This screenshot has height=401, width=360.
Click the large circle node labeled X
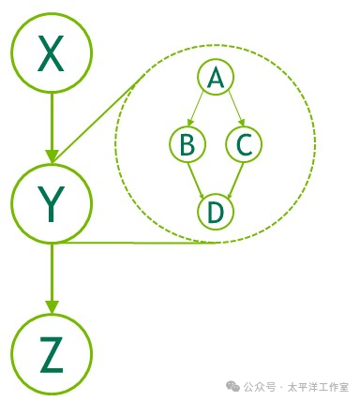pyautogui.click(x=52, y=53)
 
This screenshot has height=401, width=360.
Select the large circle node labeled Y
pyautogui.click(x=52, y=200)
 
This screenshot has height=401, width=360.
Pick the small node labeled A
pyautogui.click(x=216, y=78)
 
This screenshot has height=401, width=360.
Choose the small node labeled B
pyautogui.click(x=187, y=144)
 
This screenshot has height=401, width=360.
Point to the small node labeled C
pyautogui.click(x=244, y=144)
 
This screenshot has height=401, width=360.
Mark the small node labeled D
pyautogui.click(x=216, y=212)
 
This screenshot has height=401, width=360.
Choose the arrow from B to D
pyautogui.click(x=200, y=177)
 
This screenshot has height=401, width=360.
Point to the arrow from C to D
pyautogui.click(x=232, y=177)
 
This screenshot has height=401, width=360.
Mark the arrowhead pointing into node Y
pyautogui.click(x=52, y=153)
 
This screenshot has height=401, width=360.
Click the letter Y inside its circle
pyautogui.click(x=52, y=201)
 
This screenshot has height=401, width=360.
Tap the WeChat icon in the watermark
pyautogui.click(x=231, y=386)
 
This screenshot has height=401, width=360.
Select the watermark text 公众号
pyautogui.click(x=260, y=386)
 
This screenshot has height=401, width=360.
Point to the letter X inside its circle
pyautogui.click(x=52, y=54)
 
